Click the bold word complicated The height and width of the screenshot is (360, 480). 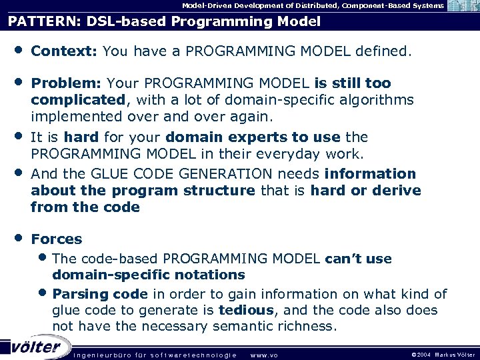[77, 100]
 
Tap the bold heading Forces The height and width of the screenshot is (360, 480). [57, 239]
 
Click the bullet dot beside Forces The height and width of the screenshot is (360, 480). [18, 238]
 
